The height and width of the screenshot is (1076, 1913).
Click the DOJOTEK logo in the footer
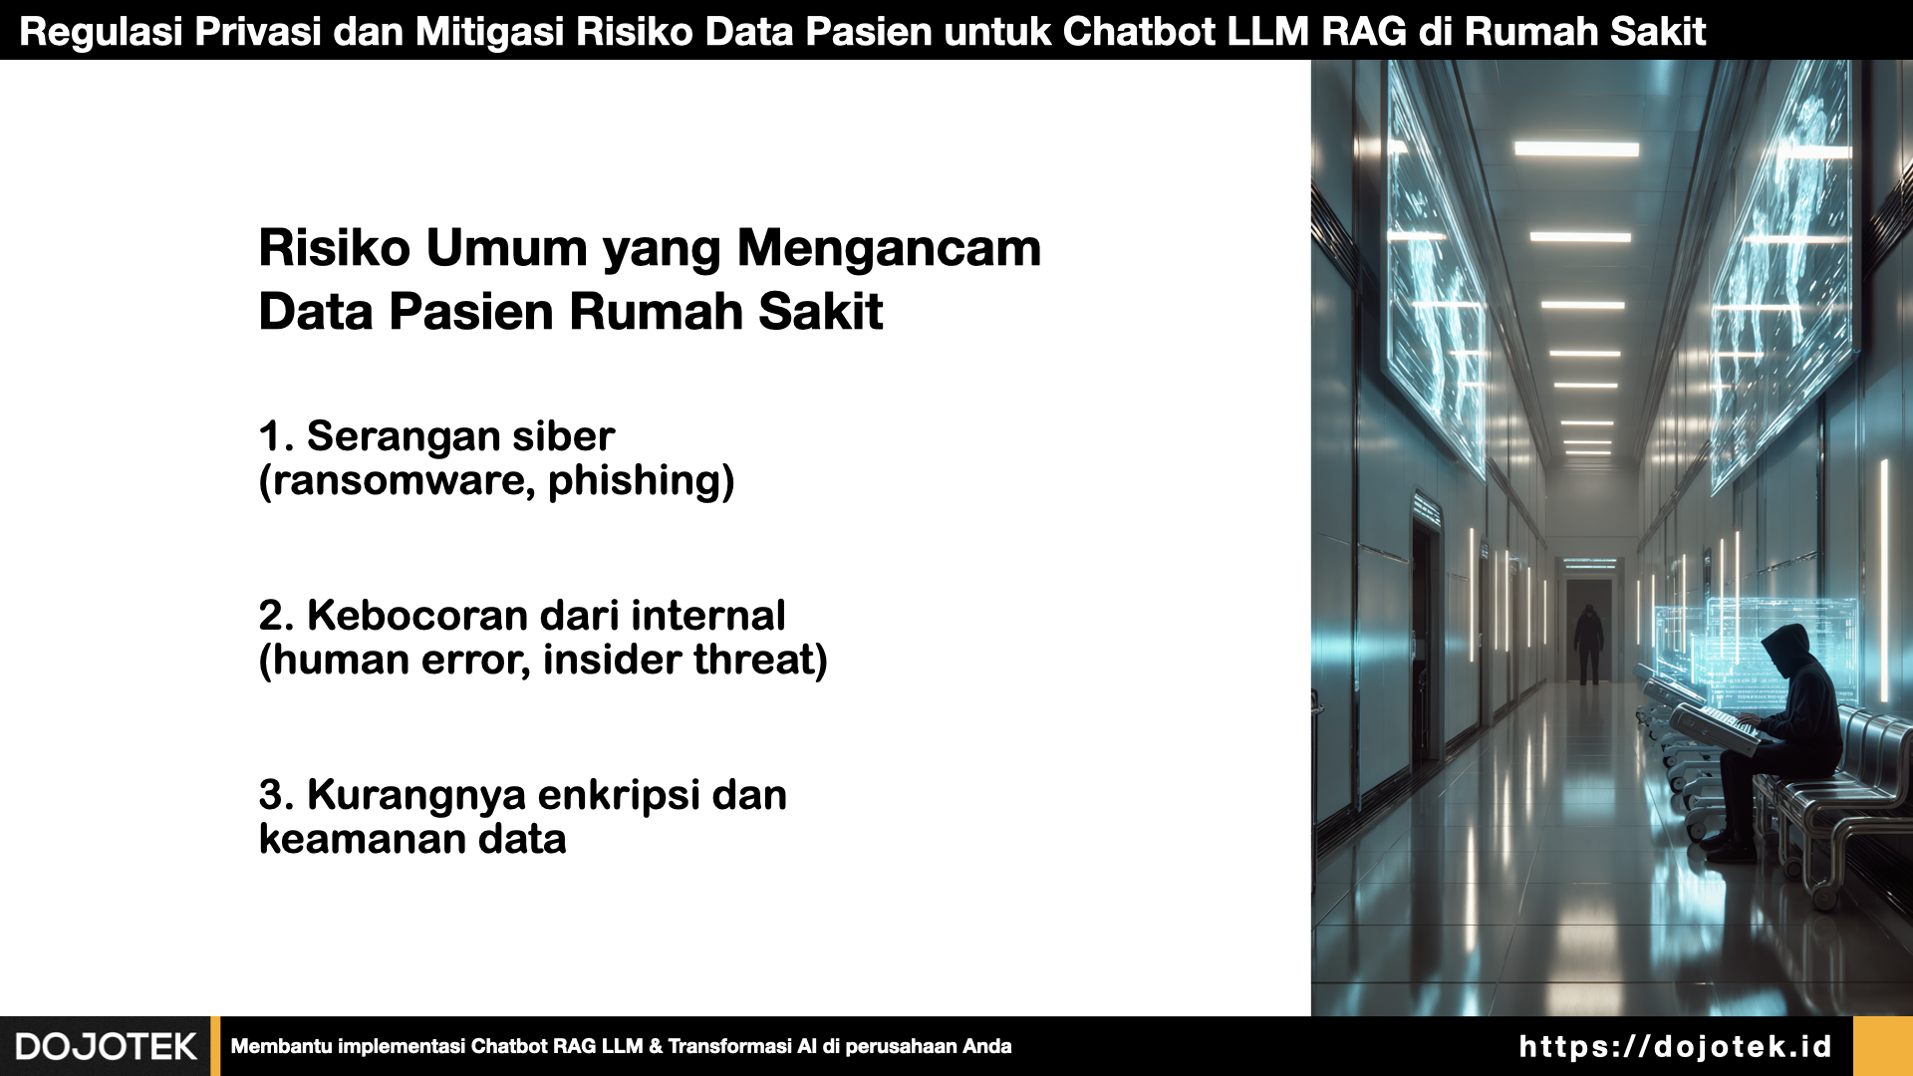click(x=106, y=1046)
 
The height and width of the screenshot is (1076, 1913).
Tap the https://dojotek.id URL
click(x=1675, y=1046)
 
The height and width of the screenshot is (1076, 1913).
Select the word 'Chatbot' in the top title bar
click(x=1139, y=32)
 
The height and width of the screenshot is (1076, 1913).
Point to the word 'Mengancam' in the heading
click(x=889, y=249)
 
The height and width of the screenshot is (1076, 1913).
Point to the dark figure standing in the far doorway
click(x=1588, y=644)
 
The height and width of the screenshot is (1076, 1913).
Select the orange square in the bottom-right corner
click(x=1883, y=1046)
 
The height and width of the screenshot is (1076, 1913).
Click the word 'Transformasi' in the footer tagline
click(x=730, y=1046)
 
